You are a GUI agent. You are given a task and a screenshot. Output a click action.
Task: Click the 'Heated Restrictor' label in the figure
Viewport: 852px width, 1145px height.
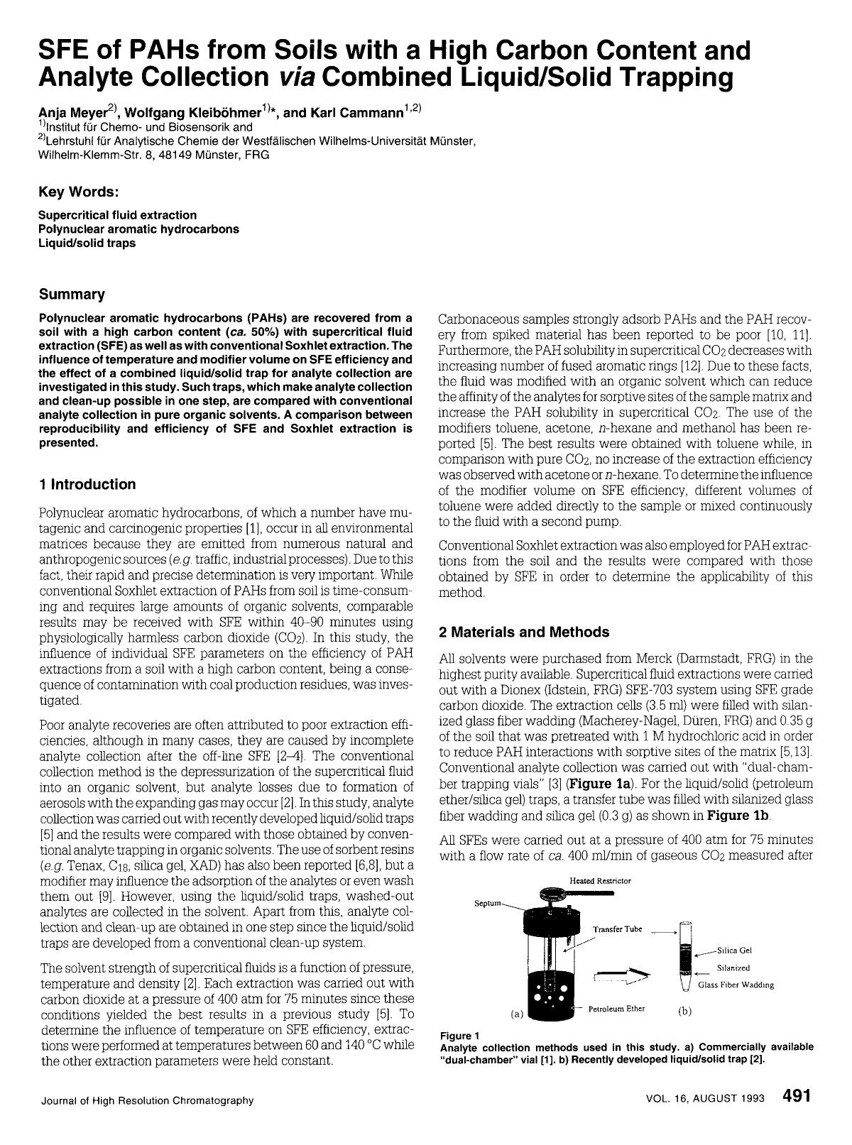click(600, 881)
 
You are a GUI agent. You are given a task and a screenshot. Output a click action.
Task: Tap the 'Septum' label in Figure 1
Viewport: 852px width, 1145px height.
click(487, 904)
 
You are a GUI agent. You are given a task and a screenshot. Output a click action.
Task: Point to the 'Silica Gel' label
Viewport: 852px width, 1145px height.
click(734, 950)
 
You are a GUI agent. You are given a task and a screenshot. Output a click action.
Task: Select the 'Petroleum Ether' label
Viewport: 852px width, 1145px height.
click(616, 1009)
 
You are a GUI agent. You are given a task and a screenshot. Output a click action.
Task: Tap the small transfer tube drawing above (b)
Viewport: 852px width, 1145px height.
click(685, 955)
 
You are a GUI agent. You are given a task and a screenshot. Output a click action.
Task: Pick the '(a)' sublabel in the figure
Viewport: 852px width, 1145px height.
click(517, 1014)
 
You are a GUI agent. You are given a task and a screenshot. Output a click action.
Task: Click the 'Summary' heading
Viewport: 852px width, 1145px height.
click(72, 294)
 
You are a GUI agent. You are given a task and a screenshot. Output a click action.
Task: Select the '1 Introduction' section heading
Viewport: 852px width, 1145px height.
click(87, 485)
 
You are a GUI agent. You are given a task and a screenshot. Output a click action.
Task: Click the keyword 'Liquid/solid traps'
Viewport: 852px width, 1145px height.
click(87, 243)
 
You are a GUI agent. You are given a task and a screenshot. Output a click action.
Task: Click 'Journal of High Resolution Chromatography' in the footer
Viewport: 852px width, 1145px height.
click(147, 1100)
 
